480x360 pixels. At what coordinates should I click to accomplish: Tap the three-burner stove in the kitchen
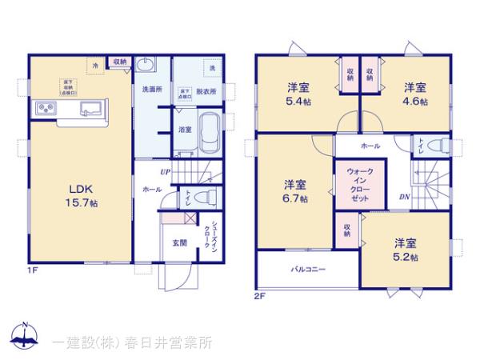tap(44, 109)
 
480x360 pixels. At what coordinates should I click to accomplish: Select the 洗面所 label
tap(152, 90)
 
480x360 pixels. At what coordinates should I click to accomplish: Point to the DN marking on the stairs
tap(405, 197)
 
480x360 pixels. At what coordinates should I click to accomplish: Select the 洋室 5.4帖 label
tap(299, 94)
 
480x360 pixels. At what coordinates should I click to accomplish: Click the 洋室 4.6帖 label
tap(414, 94)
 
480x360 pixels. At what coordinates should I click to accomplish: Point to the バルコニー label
tap(307, 270)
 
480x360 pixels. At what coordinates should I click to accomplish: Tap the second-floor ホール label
tap(370, 146)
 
